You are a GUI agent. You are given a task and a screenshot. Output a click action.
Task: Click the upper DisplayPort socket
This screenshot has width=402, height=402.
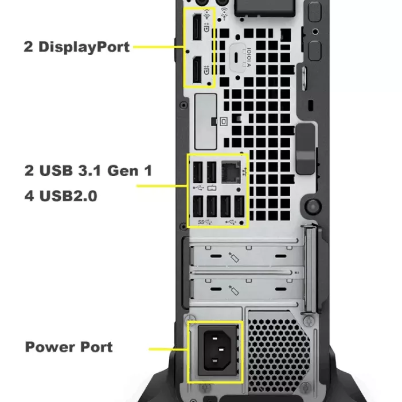pyautogui.click(x=197, y=27)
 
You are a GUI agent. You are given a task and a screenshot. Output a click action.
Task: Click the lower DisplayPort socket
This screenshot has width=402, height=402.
pyautogui.click(x=197, y=70)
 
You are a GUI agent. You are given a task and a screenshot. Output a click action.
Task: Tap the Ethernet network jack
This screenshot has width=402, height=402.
pyautogui.click(x=231, y=172)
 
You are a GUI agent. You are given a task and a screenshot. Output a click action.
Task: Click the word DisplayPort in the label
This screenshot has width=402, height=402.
pyautogui.click(x=84, y=47)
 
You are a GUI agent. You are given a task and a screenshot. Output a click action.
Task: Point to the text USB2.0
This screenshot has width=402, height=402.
pyautogui.click(x=68, y=196)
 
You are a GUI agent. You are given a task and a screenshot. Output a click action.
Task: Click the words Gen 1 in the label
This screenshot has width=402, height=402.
pyautogui.click(x=130, y=171)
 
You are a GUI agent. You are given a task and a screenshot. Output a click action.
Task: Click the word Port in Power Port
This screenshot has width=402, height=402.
pyautogui.click(x=96, y=347)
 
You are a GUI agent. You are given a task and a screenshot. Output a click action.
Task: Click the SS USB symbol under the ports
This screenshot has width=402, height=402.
pyautogui.click(x=205, y=222)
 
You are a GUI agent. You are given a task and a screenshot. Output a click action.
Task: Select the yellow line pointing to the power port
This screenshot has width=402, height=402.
pyautogui.click(x=168, y=349)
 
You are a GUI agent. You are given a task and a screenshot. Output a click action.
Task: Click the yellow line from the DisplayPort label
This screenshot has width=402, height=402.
pyautogui.click(x=159, y=47)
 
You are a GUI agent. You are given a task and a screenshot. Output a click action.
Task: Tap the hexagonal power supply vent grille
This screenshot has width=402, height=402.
pyautogui.click(x=279, y=354)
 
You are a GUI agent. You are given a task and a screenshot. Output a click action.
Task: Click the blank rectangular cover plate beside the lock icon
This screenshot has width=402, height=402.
pyautogui.click(x=206, y=122)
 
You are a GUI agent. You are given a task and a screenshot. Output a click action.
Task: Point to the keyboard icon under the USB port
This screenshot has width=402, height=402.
pyautogui.click(x=212, y=188)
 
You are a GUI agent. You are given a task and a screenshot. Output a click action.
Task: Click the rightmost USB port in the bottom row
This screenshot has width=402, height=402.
pyautogui.click(x=240, y=206)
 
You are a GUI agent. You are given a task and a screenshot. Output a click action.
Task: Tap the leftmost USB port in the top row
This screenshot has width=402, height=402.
pyautogui.click(x=198, y=172)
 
